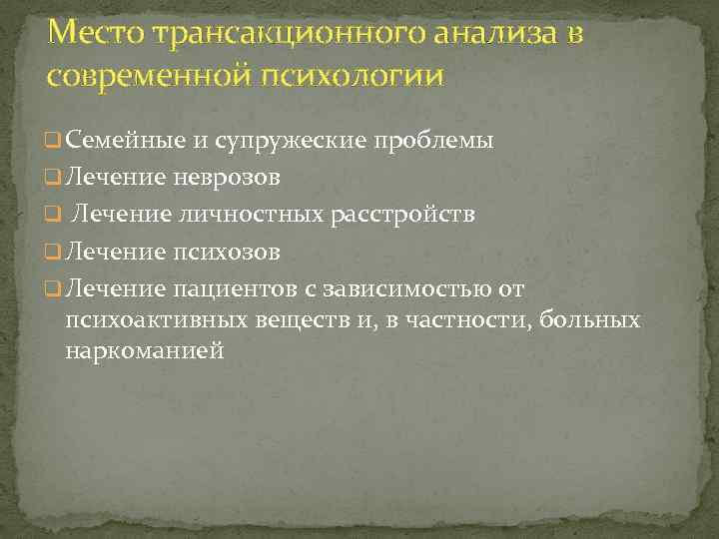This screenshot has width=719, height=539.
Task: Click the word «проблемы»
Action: (433, 140)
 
